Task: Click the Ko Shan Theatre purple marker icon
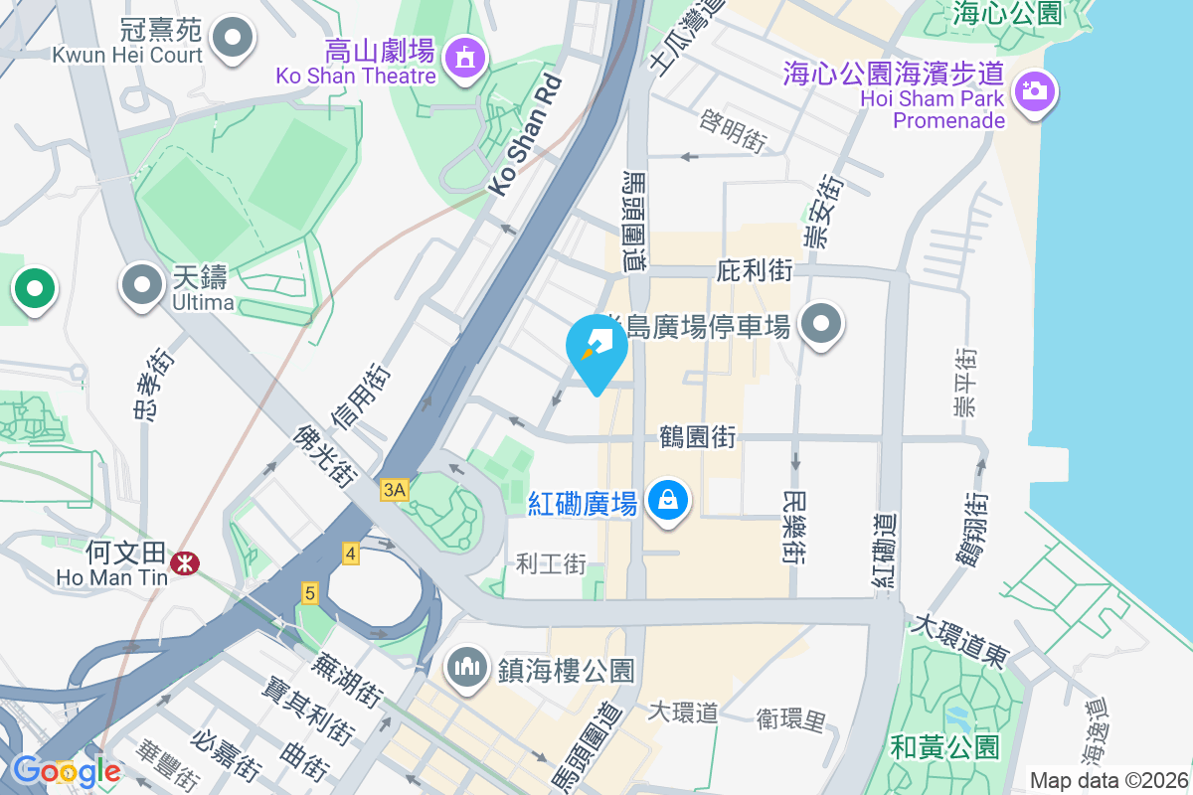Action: tap(464, 56)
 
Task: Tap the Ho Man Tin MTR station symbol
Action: tap(183, 562)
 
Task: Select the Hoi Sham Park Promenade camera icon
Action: tap(1034, 92)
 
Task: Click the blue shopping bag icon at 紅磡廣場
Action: tap(670, 499)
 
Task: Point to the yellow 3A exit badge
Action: tap(395, 489)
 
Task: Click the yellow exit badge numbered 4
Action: tap(350, 554)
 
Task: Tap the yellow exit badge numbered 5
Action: tap(310, 593)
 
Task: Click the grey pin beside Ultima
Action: tap(142, 286)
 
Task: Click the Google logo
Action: tap(66, 770)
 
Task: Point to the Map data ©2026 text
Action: tap(1108, 780)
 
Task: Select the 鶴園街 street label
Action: tap(697, 436)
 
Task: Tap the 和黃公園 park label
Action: tap(944, 746)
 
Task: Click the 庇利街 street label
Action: tap(755, 270)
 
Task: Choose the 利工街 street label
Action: tap(551, 564)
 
